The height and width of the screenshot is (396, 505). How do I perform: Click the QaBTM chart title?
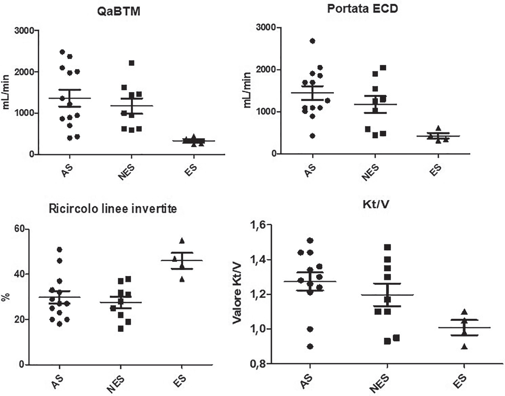point(119,12)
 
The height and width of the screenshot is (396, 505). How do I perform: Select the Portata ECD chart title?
point(362,9)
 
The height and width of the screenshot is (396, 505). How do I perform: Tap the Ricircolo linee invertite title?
point(113,209)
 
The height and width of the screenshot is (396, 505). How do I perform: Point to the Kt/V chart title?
point(375,205)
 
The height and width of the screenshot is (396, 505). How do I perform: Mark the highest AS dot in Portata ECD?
point(312,41)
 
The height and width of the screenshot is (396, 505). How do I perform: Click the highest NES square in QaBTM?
point(132,63)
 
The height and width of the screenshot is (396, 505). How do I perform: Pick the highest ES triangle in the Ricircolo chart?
point(182,240)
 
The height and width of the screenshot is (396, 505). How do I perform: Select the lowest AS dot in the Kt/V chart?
point(310,346)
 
